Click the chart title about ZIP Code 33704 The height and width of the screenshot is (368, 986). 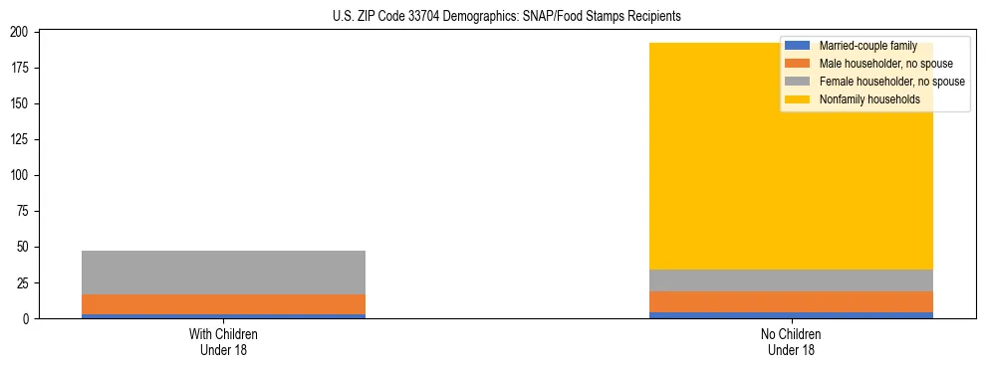pos(507,17)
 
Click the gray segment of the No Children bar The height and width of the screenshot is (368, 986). pos(791,280)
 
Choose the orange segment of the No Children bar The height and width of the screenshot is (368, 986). pos(791,301)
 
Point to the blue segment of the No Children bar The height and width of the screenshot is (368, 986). pos(791,315)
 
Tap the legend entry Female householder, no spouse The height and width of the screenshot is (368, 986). pos(891,82)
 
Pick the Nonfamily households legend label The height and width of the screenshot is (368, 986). pos(869,99)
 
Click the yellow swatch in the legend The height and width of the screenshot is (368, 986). pos(798,99)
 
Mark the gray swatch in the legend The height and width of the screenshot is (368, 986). pos(798,82)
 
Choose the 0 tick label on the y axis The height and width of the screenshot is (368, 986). pos(28,318)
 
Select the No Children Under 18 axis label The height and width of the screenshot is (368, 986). pos(791,342)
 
